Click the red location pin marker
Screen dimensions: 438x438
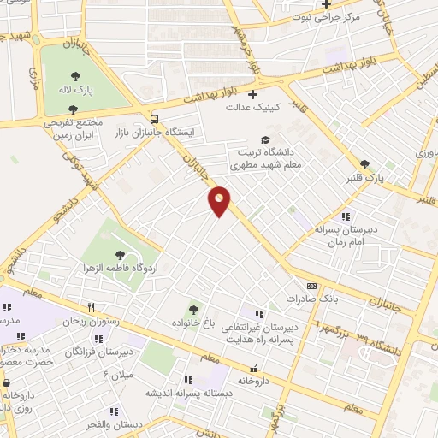pyautogui.click(x=220, y=200)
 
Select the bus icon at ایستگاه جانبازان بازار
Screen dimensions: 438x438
pyautogui.click(x=155, y=120)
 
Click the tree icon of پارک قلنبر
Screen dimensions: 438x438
pyautogui.click(x=365, y=164)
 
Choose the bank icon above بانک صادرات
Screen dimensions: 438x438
pyautogui.click(x=311, y=287)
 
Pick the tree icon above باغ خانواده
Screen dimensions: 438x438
pyautogui.click(x=193, y=309)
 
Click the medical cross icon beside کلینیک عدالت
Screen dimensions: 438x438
pyautogui.click(x=252, y=94)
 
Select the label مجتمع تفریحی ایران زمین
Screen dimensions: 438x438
pyautogui.click(x=74, y=128)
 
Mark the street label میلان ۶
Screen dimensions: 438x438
pyautogui.click(x=119, y=376)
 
